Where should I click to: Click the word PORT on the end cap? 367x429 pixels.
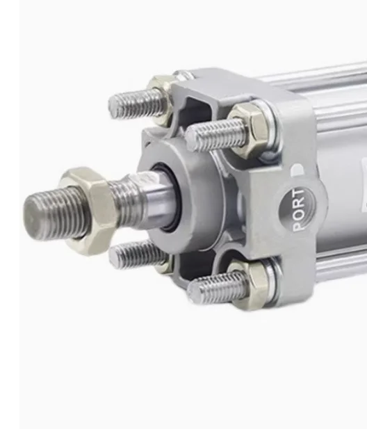click(297, 209)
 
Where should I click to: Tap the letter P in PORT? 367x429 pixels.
click(298, 224)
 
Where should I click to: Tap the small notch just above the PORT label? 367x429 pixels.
click(297, 170)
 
